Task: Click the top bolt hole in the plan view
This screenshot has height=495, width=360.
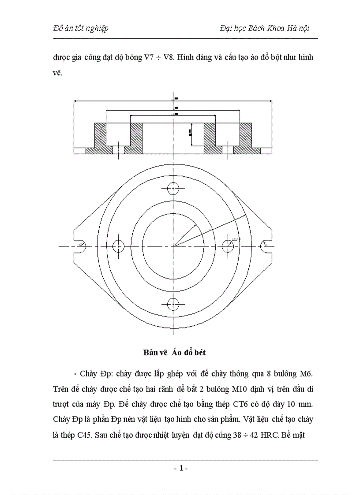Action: coord(172,188)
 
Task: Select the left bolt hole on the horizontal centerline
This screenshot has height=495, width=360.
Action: coord(119,246)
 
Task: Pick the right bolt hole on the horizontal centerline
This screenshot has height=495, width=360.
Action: coord(227,246)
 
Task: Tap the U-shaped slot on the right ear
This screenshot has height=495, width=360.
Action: coord(265,246)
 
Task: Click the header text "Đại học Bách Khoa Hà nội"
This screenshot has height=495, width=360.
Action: coord(264,28)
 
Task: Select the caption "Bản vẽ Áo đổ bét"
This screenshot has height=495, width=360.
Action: coord(174,353)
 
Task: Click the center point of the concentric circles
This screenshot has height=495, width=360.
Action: coord(172,246)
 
